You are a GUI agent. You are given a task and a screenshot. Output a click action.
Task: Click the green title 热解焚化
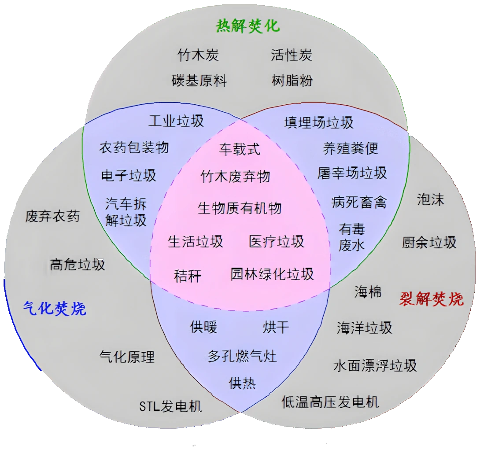click(x=247, y=26)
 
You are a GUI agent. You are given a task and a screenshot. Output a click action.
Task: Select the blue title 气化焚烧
click(x=55, y=308)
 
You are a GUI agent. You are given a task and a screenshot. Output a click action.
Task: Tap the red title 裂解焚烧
click(x=431, y=299)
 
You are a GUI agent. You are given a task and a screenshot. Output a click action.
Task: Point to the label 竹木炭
click(x=198, y=55)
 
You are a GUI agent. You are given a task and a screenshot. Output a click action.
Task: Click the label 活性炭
click(x=292, y=55)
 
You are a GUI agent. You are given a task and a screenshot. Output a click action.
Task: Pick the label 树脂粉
click(x=292, y=81)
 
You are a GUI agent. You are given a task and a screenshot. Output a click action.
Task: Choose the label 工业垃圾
click(x=176, y=121)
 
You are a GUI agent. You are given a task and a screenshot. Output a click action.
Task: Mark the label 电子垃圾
click(x=129, y=176)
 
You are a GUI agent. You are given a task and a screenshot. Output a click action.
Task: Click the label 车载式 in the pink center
click(x=240, y=149)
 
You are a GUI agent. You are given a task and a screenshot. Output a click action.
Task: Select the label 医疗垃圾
click(x=277, y=242)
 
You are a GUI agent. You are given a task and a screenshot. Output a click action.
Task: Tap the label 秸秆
click(x=188, y=276)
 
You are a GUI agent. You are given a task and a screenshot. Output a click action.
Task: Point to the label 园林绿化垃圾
click(x=272, y=274)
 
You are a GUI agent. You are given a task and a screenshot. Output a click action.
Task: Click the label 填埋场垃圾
click(x=319, y=123)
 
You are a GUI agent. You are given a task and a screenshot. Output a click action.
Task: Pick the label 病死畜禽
click(x=359, y=203)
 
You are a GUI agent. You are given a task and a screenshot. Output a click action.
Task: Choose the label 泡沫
click(x=430, y=199)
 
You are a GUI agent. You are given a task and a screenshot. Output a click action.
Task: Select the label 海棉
click(x=368, y=292)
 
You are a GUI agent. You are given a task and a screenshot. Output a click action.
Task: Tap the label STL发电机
click(x=170, y=406)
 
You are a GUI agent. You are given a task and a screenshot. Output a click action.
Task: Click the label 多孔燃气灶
click(x=242, y=356)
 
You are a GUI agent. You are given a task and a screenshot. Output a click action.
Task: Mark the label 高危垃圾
click(x=78, y=265)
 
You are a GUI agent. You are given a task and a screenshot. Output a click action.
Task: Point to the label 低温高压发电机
click(x=330, y=402)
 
